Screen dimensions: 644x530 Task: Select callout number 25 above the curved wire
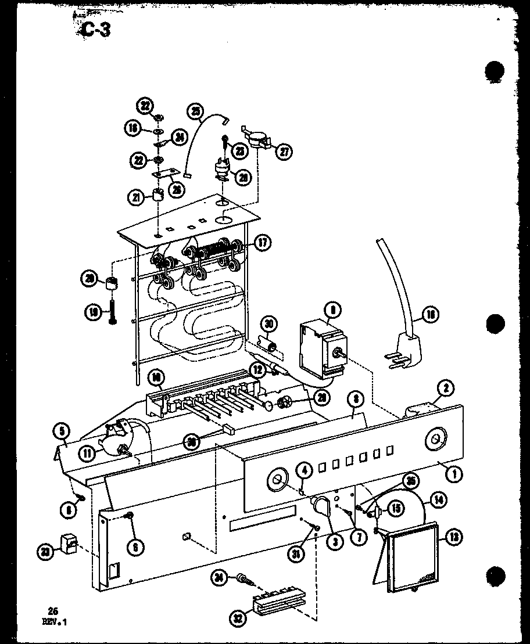click(x=196, y=111)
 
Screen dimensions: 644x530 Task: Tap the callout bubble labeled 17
click(x=263, y=243)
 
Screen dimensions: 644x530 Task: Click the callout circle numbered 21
click(x=137, y=197)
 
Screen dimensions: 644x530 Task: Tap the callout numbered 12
click(x=256, y=367)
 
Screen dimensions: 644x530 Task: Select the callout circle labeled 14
click(x=438, y=497)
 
